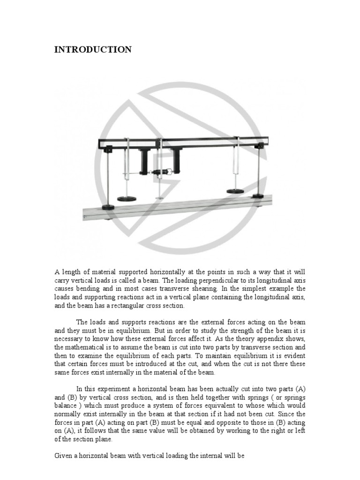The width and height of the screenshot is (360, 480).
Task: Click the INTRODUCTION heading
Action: tap(93, 50)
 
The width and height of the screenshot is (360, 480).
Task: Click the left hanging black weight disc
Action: tap(126, 198)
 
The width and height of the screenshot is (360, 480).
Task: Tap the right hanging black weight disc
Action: tap(236, 191)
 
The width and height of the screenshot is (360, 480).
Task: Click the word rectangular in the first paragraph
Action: tap(137, 306)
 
